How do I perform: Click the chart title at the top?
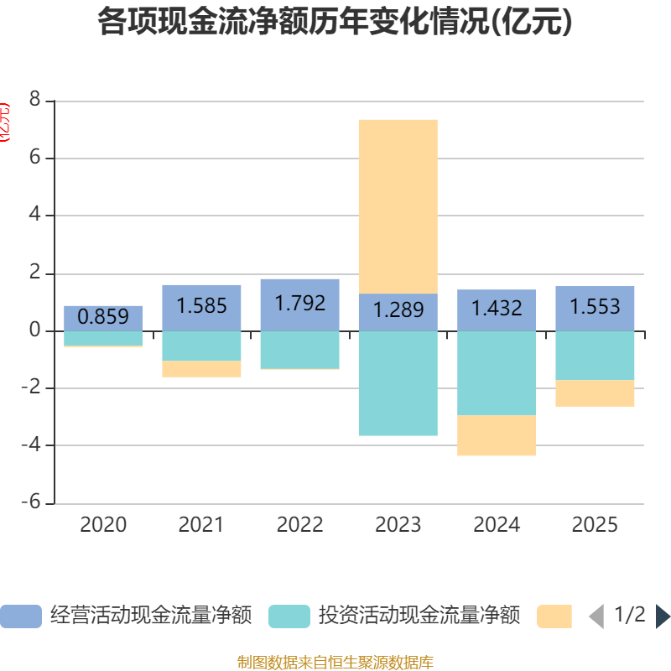click(335, 22)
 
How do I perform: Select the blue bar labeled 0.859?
click(103, 317)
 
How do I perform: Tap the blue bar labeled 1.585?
click(201, 306)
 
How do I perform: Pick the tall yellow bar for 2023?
click(398, 205)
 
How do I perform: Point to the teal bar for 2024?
click(497, 372)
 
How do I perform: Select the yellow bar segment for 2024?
click(497, 435)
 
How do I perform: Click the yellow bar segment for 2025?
click(595, 393)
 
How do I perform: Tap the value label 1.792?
click(299, 303)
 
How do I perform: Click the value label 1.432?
click(497, 309)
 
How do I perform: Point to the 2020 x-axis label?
click(103, 525)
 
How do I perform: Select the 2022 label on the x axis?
click(299, 525)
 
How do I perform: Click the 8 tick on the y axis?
click(34, 100)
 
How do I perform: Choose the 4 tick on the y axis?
click(34, 215)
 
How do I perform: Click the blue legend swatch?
click(21, 616)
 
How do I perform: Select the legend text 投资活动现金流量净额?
click(419, 616)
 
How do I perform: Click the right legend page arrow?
click(663, 616)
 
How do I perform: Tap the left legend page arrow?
click(596, 616)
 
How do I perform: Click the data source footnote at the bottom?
click(335, 662)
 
